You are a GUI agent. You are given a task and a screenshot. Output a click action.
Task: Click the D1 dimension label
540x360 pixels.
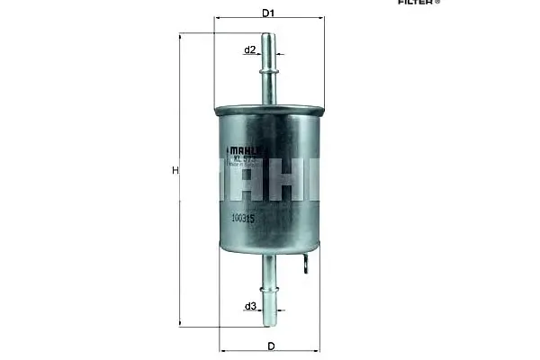267,13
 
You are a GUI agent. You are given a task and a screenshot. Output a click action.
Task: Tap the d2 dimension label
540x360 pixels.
250,49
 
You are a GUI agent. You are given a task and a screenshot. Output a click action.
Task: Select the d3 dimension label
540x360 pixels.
250,306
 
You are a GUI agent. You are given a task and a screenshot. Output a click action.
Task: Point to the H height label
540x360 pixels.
175,170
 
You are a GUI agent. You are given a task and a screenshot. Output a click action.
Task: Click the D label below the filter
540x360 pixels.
269,346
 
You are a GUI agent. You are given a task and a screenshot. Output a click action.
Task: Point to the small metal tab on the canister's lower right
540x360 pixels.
309,264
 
